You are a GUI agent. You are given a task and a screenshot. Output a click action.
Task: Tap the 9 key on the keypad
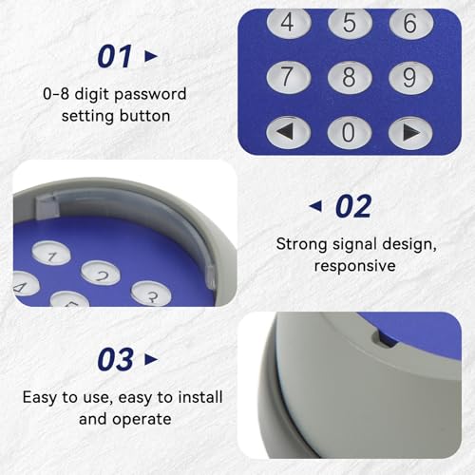[x=410, y=78]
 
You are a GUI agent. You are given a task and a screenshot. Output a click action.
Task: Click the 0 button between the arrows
[x=350, y=132]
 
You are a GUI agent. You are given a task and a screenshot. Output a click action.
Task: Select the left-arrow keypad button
[x=289, y=132]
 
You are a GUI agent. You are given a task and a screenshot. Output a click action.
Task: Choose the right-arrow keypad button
[x=410, y=133]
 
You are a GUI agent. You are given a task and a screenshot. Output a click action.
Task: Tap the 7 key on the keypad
[x=289, y=78]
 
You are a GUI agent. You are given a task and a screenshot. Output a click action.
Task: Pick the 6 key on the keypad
[x=411, y=24]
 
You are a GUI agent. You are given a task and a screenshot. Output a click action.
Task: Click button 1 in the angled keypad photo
[x=51, y=253]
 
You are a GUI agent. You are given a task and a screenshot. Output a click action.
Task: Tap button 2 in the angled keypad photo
[x=101, y=273]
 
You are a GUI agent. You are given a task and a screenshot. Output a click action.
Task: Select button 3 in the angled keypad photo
[x=151, y=294]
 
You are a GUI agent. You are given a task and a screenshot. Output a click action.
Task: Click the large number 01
[x=114, y=56]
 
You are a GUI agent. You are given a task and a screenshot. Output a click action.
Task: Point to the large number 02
[x=353, y=206]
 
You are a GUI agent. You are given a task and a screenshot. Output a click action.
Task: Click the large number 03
[x=115, y=359]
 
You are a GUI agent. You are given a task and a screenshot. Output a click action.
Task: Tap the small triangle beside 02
[x=315, y=206]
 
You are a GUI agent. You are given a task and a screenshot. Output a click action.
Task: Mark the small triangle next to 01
[x=151, y=56]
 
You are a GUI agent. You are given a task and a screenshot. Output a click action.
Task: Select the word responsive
[x=355, y=266]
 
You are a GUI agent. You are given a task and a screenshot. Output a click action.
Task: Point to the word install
[x=200, y=397]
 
